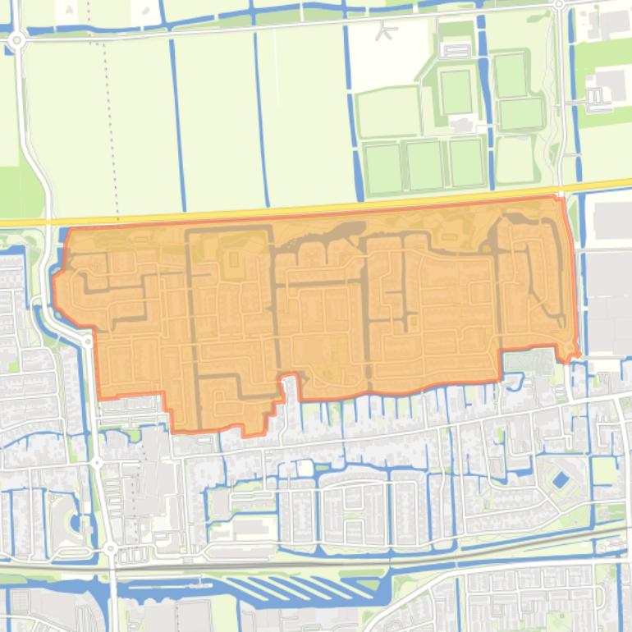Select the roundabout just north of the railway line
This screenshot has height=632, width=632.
coord(110,547)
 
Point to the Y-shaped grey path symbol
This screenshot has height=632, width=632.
coord(385,31)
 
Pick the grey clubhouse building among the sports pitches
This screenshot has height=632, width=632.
coord(461,124)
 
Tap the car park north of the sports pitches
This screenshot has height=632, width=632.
coord(456,48)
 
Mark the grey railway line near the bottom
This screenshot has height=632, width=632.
coord(328,564)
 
